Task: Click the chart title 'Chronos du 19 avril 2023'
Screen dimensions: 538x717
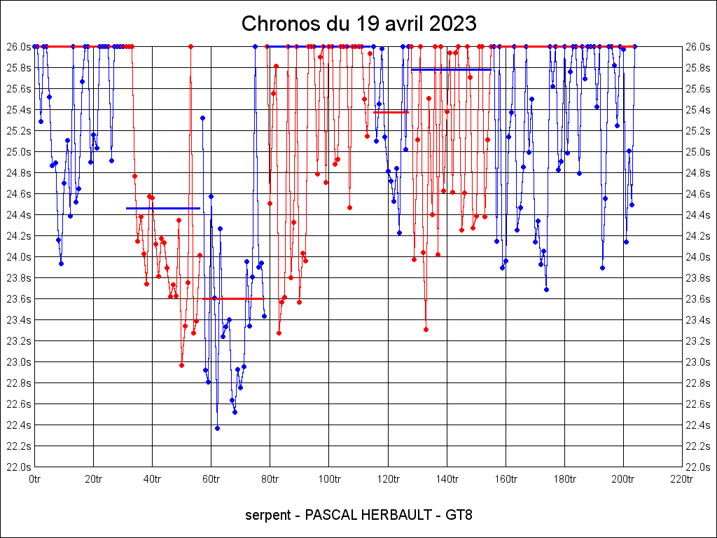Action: tap(358, 24)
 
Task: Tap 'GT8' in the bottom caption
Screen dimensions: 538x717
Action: tap(459, 516)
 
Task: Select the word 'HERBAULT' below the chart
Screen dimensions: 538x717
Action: tap(394, 516)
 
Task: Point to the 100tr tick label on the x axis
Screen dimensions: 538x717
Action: tap(328, 480)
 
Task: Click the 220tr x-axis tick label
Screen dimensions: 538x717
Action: tap(681, 480)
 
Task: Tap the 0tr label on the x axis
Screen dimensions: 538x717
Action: tap(34, 480)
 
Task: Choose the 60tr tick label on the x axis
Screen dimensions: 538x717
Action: tap(211, 480)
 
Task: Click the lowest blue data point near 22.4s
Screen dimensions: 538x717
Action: tap(217, 428)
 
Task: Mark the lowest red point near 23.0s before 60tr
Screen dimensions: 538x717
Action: tap(181, 365)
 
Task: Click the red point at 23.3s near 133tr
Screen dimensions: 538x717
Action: tap(426, 329)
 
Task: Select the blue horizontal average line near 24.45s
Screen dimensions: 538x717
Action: tap(162, 208)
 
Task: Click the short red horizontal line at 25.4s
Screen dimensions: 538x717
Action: tap(391, 112)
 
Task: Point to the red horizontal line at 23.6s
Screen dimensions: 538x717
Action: tap(234, 298)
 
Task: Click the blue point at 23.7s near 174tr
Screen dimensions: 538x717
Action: tap(546, 289)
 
